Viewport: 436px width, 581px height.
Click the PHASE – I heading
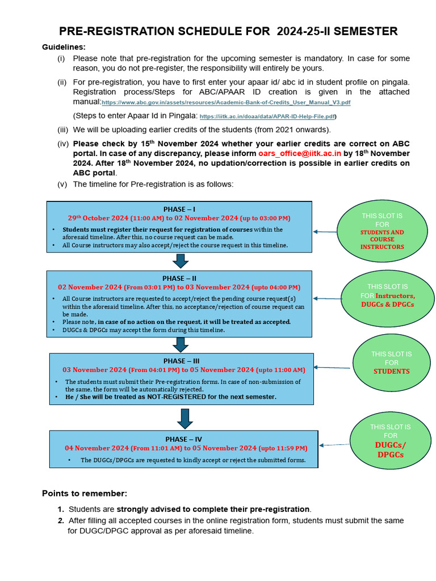click(179, 209)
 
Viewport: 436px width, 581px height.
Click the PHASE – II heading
click(179, 279)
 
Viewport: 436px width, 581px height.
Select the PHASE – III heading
click(181, 361)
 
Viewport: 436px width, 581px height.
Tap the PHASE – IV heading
click(184, 439)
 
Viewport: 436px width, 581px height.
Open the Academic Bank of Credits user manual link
click(226, 103)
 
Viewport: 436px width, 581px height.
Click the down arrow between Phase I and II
click(181, 261)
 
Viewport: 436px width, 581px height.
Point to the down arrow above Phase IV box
click(185, 418)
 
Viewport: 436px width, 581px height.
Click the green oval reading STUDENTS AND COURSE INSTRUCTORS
click(382, 231)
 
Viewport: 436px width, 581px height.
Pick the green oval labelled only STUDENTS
click(391, 363)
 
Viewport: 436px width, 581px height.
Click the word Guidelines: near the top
click(64, 47)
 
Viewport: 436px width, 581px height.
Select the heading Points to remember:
click(85, 493)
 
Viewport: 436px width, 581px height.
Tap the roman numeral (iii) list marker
click(62, 130)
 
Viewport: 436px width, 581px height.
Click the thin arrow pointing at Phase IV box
click(335, 445)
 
